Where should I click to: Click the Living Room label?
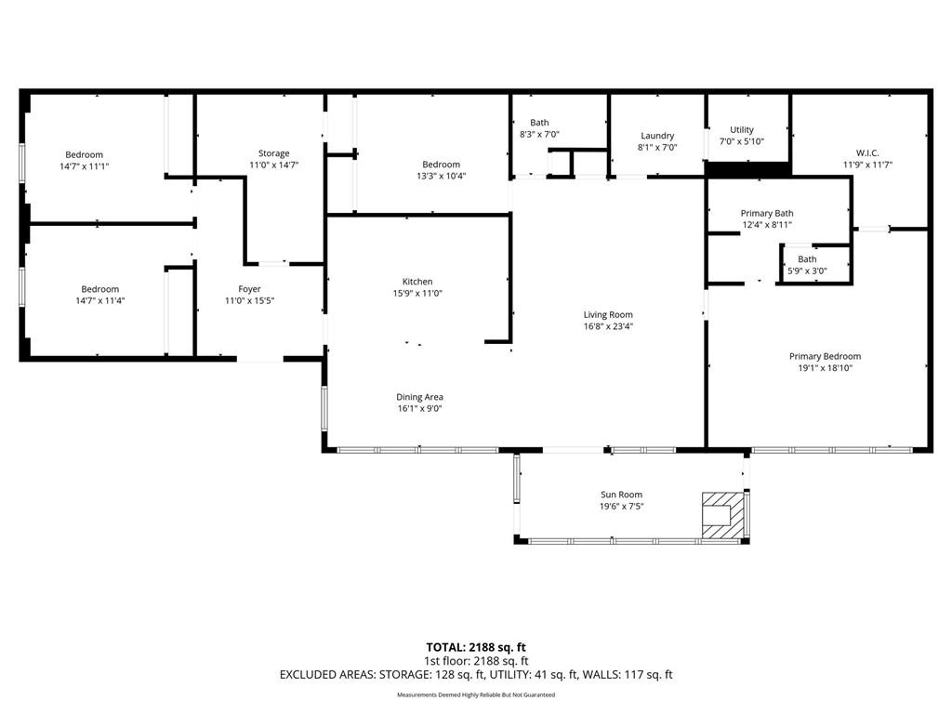608,315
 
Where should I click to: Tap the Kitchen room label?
417,282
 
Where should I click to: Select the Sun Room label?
621,495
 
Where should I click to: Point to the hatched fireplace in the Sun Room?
722,515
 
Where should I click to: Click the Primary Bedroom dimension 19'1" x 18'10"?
825,368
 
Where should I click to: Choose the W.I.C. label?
866,153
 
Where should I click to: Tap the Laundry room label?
656,136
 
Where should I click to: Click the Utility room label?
742,130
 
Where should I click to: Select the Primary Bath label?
767,213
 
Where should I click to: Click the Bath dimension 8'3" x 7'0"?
539,135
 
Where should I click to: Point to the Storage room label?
273,153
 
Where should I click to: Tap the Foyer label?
249,289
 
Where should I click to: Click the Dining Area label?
420,397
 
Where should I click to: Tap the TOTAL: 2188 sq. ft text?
476,647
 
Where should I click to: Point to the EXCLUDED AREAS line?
476,675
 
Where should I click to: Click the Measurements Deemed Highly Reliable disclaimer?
476,695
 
